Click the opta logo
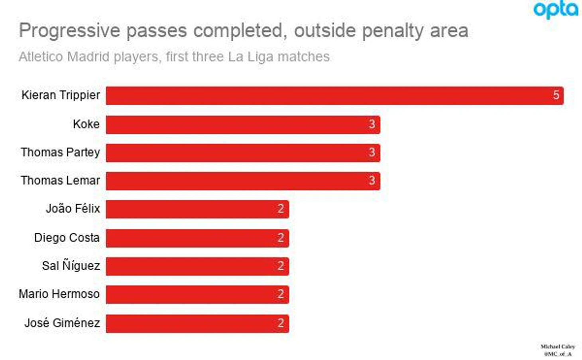pos(556,10)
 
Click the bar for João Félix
pos(197,209)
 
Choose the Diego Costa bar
pos(197,238)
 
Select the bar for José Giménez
pos(197,323)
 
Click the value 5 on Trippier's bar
pos(556,95)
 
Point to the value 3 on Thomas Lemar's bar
pos(372,181)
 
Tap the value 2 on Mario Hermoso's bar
pos(281,294)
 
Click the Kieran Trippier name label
pos(61,95)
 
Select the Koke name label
pos(86,124)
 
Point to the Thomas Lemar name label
pos(60,181)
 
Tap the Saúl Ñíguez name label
pos(71,266)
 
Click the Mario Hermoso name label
pos(59,294)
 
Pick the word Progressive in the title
pos(70,31)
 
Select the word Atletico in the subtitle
pos(41,57)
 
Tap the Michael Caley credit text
pos(557,347)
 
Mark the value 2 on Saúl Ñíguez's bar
pos(281,266)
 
